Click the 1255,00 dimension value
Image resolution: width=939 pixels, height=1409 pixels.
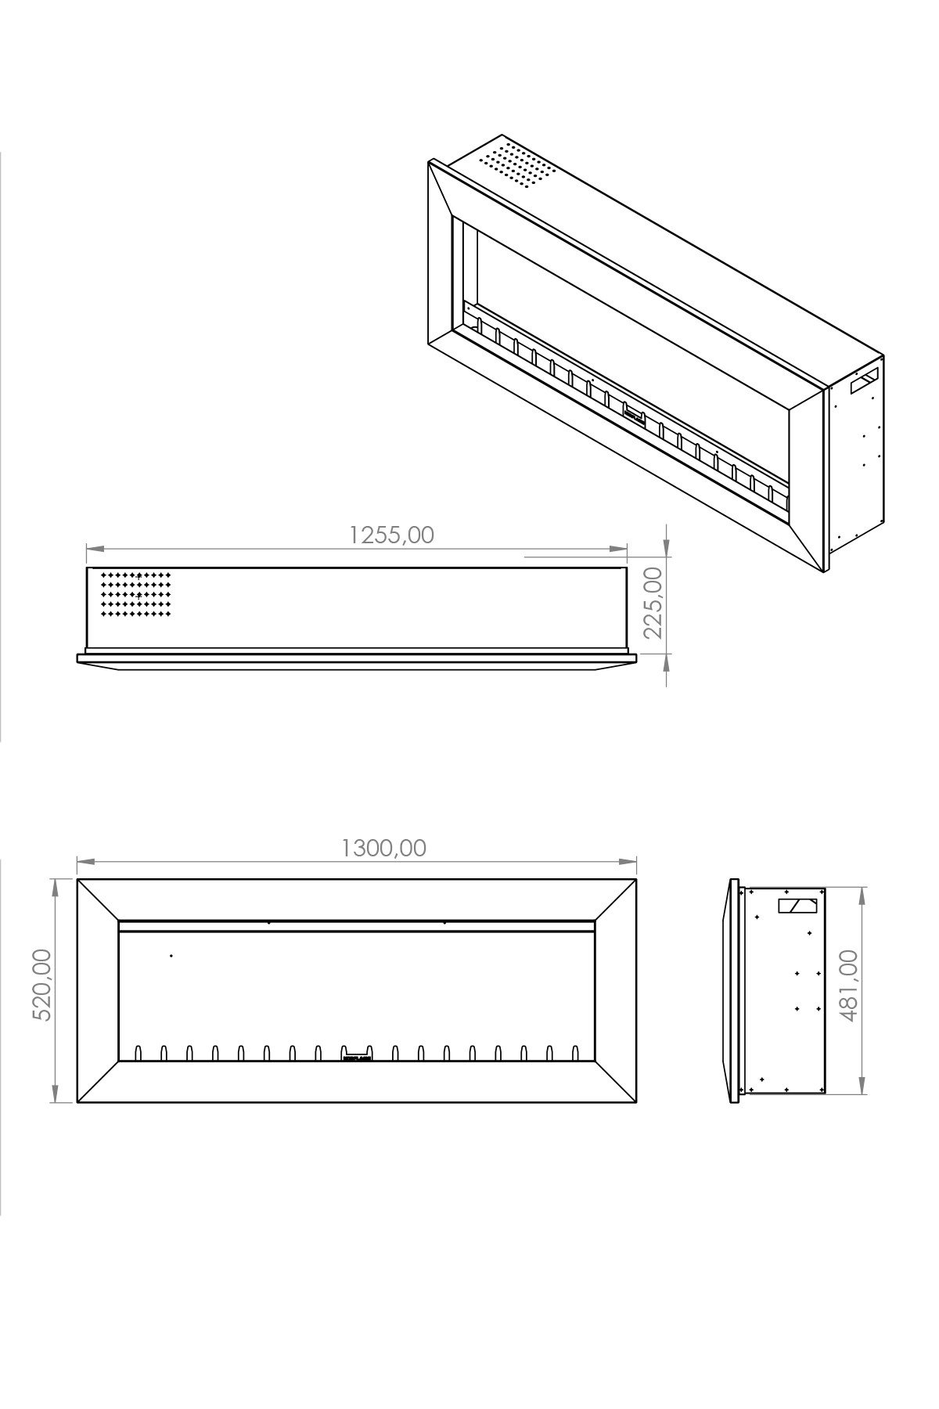[x=391, y=535]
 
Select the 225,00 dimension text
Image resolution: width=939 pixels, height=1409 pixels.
[x=652, y=603]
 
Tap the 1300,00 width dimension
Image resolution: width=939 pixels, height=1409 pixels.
[x=384, y=848]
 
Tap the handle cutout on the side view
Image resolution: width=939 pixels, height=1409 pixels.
[x=797, y=906]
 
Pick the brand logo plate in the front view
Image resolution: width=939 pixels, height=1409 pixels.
[x=357, y=1054]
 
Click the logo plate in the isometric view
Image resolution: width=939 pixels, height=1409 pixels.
[x=633, y=412]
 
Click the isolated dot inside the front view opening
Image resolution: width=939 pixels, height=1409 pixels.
[x=171, y=956]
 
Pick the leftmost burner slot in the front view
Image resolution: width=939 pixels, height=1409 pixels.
[x=139, y=1052]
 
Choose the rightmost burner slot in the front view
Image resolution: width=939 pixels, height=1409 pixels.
[x=576, y=1052]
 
